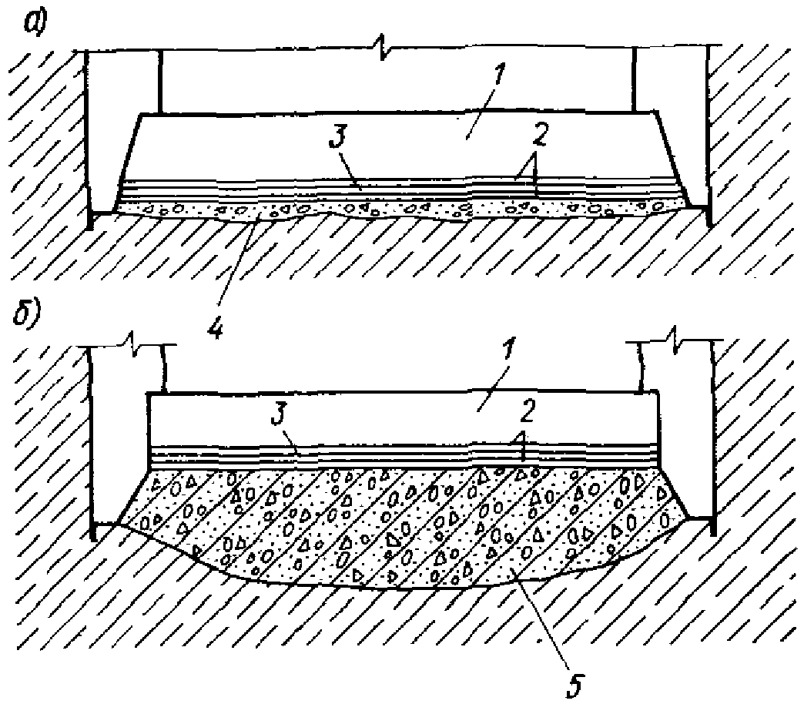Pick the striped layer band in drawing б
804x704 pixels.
pyautogui.click(x=400, y=455)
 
